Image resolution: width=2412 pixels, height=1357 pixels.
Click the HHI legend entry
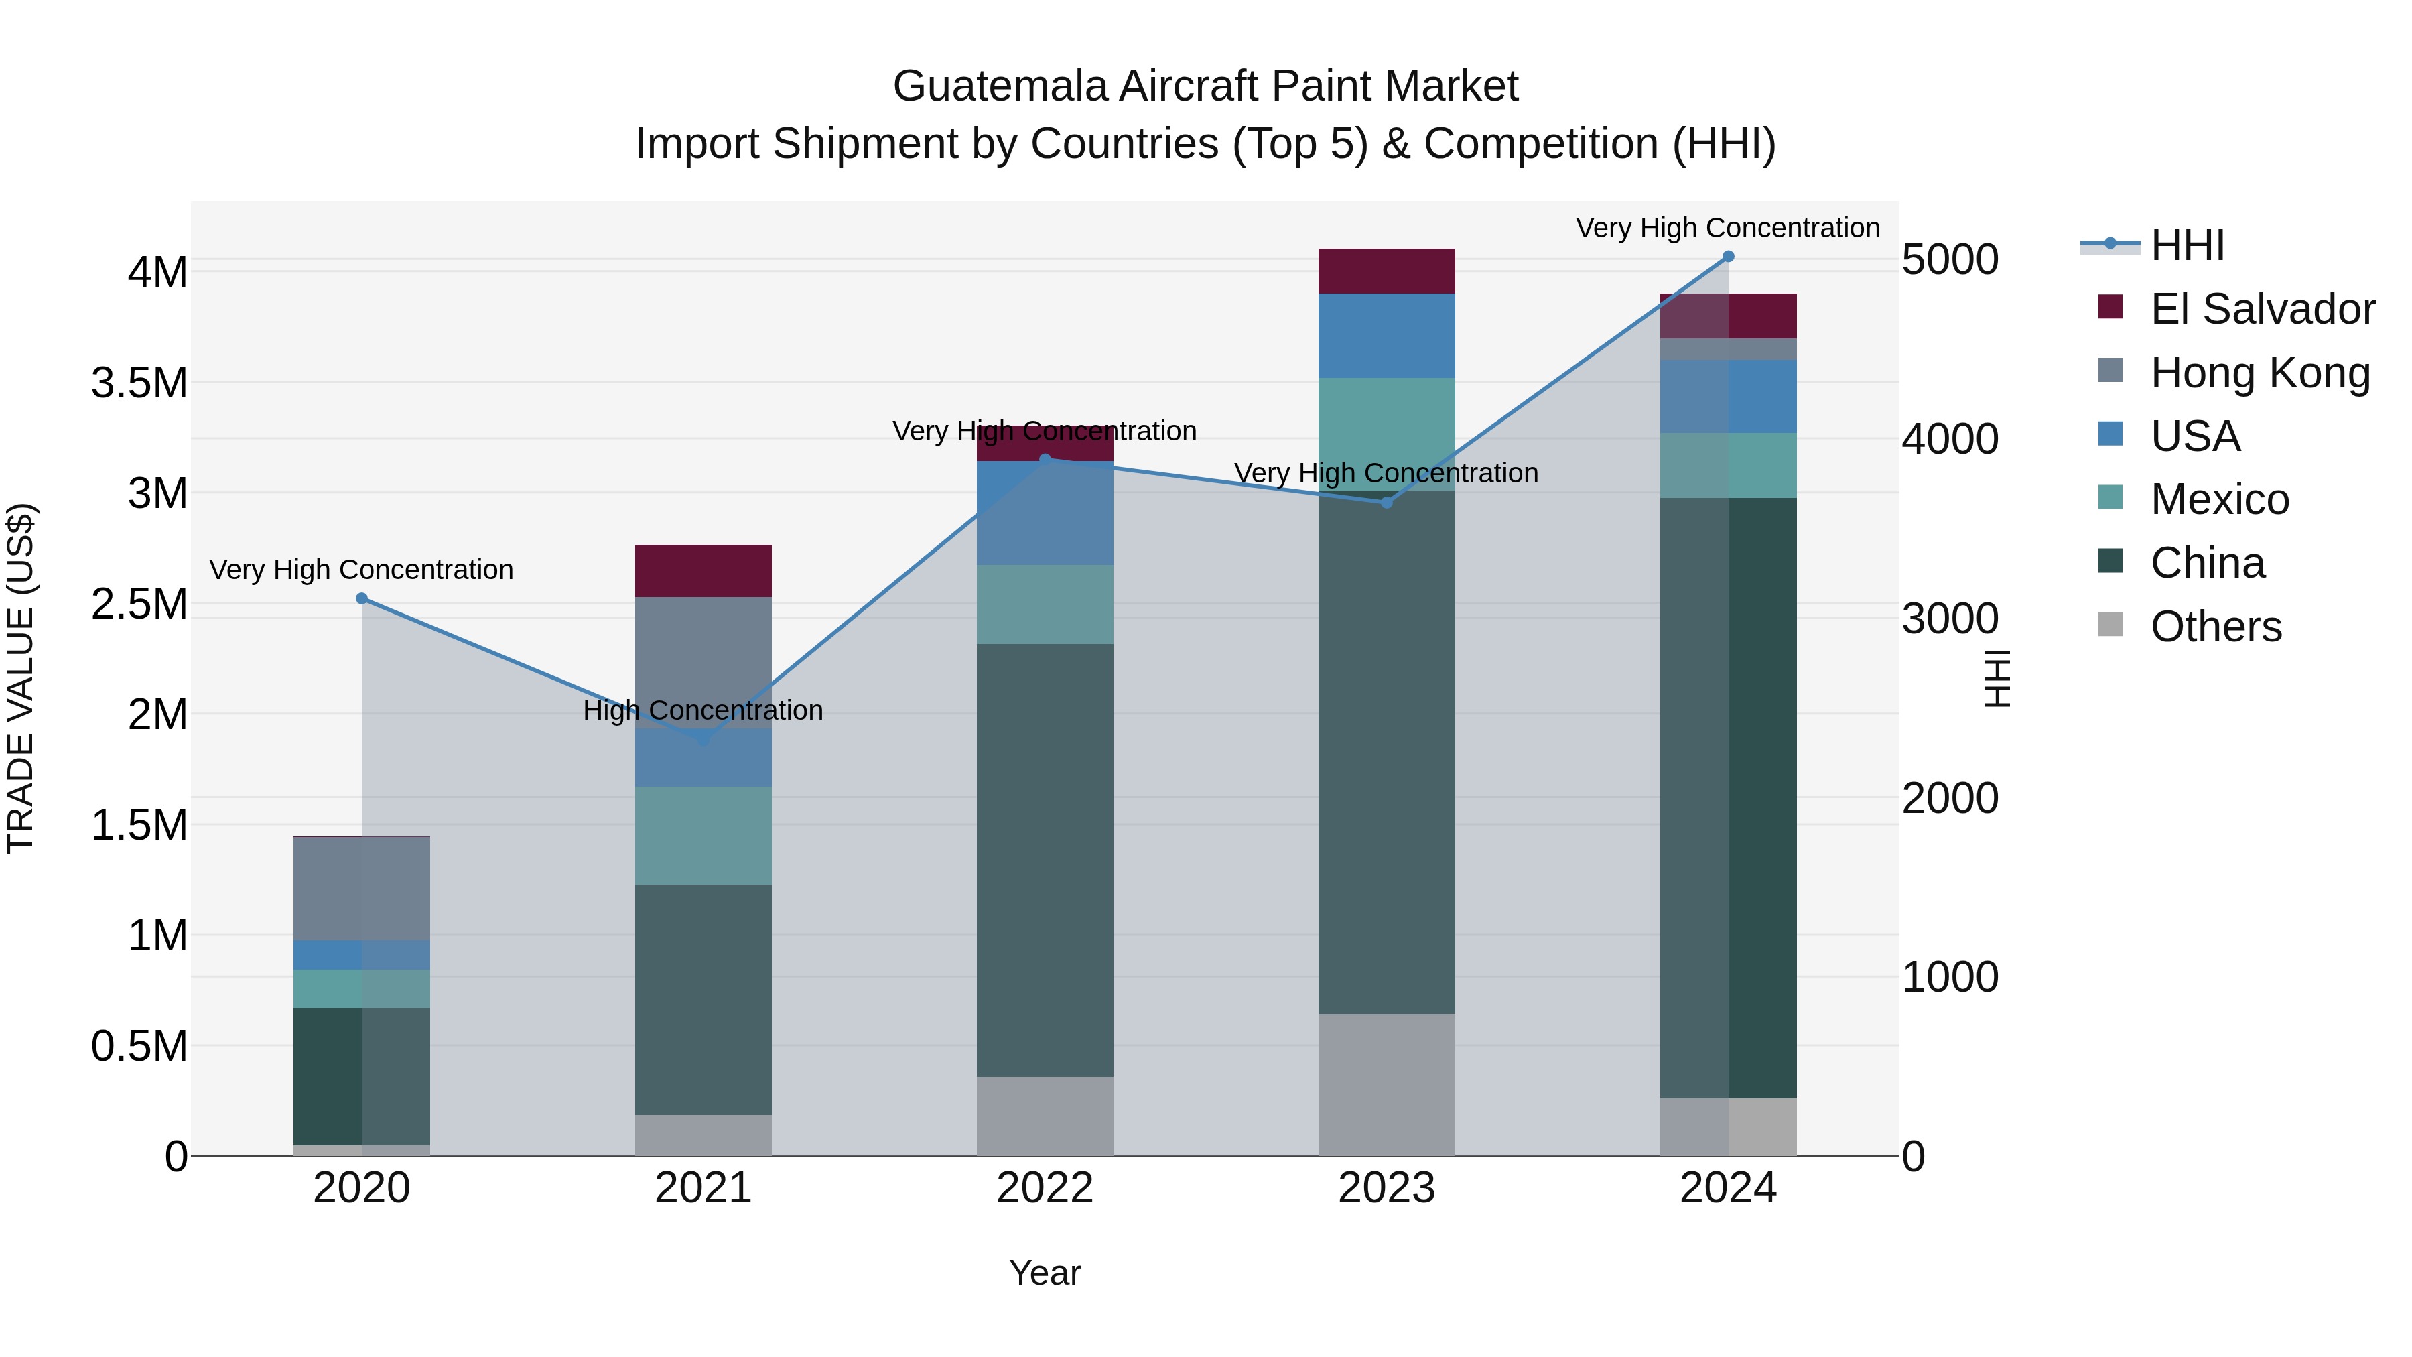[x=2186, y=245]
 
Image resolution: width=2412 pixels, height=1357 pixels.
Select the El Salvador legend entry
[x=2261, y=309]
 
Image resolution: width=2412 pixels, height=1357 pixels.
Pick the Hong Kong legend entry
[x=2259, y=373]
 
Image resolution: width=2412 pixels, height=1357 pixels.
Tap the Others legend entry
[x=2216, y=627]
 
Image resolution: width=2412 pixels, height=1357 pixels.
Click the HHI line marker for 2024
[x=1729, y=257]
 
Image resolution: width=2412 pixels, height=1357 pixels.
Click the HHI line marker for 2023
[x=1387, y=503]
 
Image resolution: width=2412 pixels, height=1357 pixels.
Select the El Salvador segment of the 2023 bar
[x=1387, y=271]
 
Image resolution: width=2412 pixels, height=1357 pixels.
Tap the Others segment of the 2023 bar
[x=1387, y=1084]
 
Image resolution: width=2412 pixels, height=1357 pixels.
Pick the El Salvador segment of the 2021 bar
[x=703, y=570]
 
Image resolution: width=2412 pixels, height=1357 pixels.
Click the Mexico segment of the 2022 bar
[x=1045, y=604]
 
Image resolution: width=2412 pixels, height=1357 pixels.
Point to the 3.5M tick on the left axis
[x=139, y=383]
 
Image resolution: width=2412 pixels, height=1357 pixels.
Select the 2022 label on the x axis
[x=1045, y=1188]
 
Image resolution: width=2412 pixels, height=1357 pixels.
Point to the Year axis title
[x=1045, y=1273]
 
